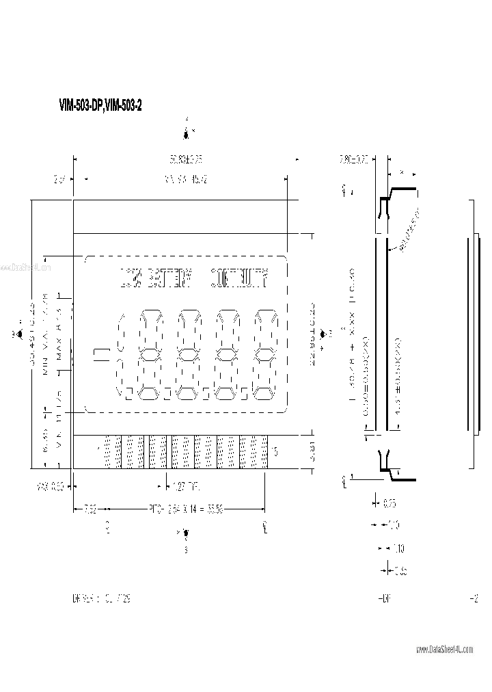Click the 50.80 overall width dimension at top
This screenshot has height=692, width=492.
[x=187, y=159]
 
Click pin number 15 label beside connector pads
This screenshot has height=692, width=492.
[x=275, y=451]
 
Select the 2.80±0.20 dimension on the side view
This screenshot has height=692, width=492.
[x=354, y=159]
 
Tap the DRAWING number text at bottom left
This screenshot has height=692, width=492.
[x=101, y=598]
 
